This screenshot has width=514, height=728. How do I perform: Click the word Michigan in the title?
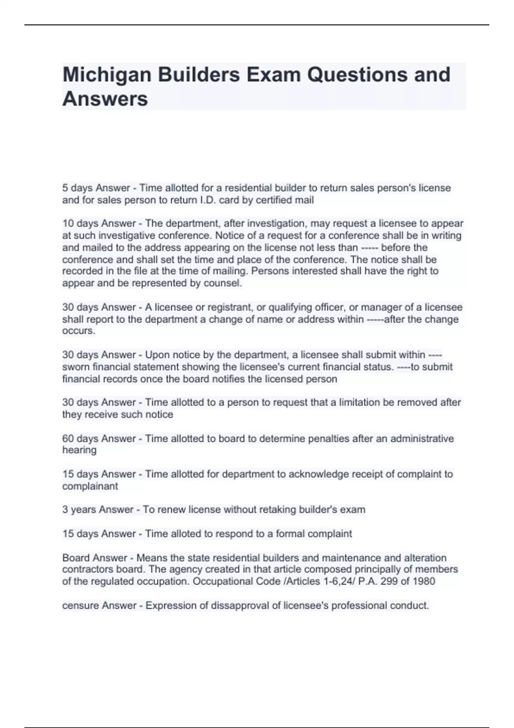point(107,75)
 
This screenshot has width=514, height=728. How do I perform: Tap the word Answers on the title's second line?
point(105,99)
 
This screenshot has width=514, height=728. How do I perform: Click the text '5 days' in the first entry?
point(78,188)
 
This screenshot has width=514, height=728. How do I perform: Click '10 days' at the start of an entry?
point(80,224)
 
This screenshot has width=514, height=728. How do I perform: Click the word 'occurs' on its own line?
point(78,331)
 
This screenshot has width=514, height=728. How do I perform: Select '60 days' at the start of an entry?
point(80,439)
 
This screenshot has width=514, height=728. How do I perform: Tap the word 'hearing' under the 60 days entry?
point(79,450)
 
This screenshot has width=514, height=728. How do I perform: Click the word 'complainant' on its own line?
point(90,486)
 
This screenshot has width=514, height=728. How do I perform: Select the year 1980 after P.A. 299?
point(424,582)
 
